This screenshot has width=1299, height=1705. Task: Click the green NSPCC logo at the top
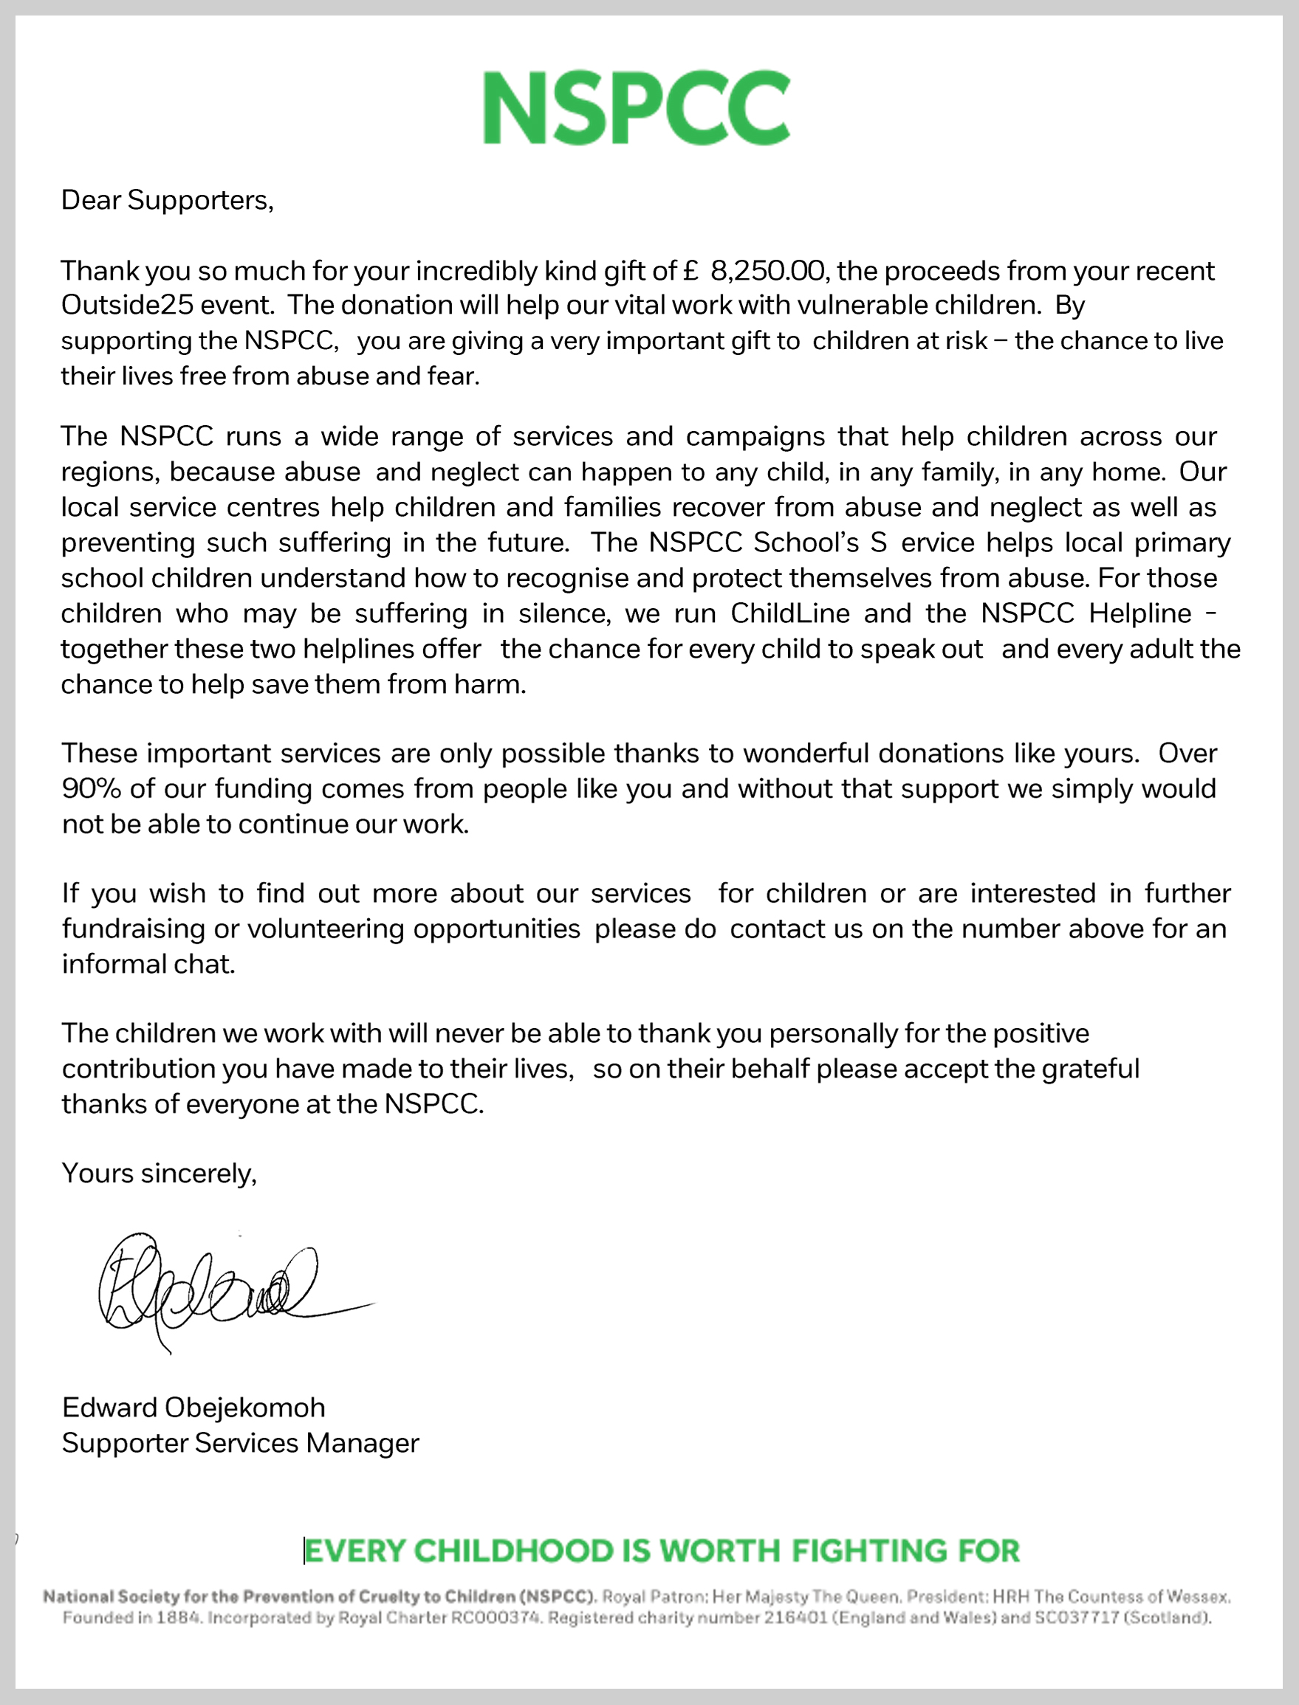(637, 108)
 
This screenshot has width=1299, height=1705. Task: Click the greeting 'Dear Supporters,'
(167, 200)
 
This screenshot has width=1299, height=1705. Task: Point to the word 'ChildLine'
(789, 613)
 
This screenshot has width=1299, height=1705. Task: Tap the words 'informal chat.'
(148, 965)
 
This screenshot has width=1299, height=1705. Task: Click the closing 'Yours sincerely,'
(160, 1174)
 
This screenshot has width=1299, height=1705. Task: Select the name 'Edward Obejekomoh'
(193, 1408)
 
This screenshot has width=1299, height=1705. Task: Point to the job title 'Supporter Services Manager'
(241, 1443)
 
